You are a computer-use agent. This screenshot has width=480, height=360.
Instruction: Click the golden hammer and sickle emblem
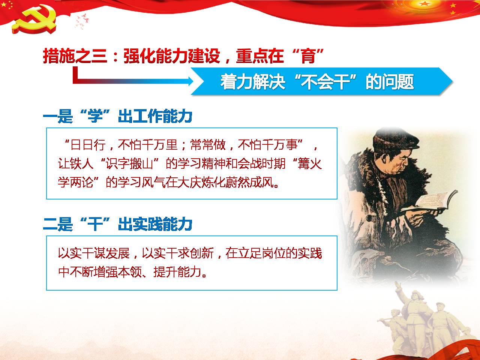(34, 19)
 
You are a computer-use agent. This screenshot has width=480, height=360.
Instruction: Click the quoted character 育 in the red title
(308, 56)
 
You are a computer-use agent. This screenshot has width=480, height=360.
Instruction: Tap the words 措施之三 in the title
(75, 56)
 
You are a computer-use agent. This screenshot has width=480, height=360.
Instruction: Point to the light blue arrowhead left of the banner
(189, 81)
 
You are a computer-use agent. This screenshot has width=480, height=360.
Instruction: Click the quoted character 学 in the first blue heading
(95, 116)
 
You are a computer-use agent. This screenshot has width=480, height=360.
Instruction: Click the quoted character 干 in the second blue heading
(95, 224)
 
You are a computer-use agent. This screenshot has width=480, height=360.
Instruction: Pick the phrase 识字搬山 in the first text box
(129, 163)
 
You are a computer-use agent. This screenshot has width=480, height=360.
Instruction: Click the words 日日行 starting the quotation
(88, 145)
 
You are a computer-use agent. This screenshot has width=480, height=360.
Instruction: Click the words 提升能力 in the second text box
(177, 272)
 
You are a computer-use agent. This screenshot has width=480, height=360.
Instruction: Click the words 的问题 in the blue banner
(390, 82)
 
